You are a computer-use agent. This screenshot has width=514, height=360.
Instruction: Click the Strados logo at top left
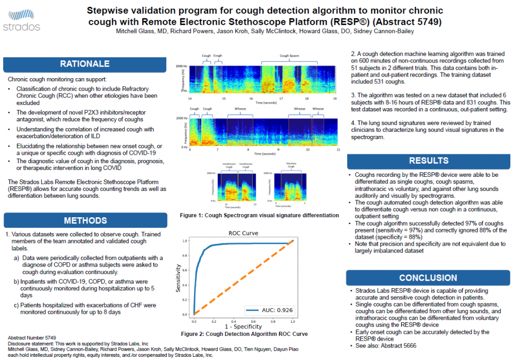click(21, 19)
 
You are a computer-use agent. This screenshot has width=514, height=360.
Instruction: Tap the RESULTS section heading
click(429, 161)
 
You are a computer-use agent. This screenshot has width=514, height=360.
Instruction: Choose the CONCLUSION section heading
click(428, 278)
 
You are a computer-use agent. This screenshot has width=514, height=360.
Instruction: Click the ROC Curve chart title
click(243, 233)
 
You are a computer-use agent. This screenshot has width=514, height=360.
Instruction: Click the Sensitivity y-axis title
click(179, 278)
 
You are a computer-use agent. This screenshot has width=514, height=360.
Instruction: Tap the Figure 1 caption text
click(259, 216)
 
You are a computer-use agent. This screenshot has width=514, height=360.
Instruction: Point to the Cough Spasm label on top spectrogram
click(290, 56)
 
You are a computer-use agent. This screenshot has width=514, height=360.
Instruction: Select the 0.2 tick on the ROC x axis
click(213, 320)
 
